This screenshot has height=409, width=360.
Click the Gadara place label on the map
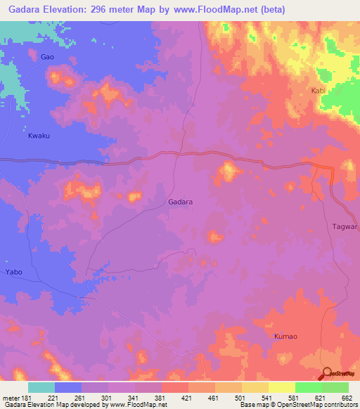(181, 202)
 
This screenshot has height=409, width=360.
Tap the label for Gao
(47, 56)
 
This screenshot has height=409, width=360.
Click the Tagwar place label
(345, 227)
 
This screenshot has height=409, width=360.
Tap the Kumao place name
(285, 337)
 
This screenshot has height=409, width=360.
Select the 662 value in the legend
(345, 398)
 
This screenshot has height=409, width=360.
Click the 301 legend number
(108, 398)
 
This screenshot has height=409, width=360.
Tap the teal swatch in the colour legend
(41, 387)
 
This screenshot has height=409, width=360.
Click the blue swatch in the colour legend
(68, 387)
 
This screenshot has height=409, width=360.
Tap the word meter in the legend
(11, 398)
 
